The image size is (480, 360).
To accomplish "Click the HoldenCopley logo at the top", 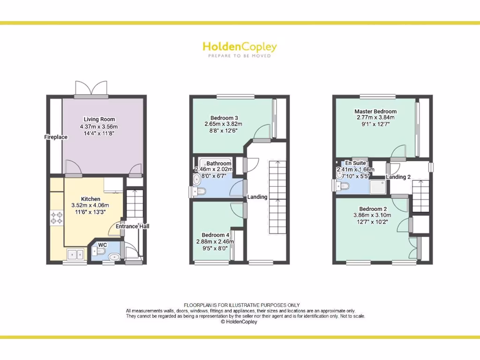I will [x=240, y=46].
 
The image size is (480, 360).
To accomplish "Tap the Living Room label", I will [x=99, y=119].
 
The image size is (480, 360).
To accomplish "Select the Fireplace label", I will [x=56, y=137].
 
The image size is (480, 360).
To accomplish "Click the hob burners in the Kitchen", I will [x=57, y=217].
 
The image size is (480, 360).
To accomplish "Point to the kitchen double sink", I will [x=75, y=255].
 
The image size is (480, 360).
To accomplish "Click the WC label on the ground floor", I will [x=103, y=245].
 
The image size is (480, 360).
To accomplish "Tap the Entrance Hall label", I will [x=133, y=226].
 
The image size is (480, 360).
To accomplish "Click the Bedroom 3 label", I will [x=224, y=118].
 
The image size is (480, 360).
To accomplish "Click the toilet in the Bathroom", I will [x=199, y=191].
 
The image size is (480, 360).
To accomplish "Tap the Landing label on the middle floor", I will [x=257, y=197].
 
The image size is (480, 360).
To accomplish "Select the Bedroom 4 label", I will [x=215, y=235].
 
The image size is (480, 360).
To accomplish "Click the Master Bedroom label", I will [x=375, y=112].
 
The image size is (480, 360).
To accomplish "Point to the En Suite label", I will [x=355, y=163].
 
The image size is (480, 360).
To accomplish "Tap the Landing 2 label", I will [x=398, y=177].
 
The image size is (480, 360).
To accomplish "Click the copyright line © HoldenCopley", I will [x=239, y=322].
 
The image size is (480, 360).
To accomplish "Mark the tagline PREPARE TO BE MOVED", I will [x=240, y=56].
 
